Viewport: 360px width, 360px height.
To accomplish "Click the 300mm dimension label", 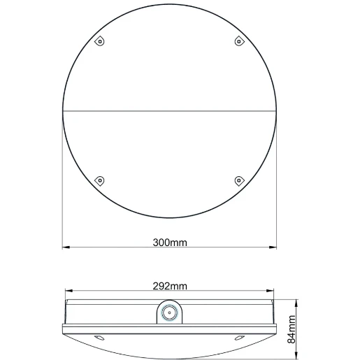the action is pyautogui.click(x=170, y=243).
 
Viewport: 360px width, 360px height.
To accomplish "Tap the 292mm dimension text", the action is pyautogui.click(x=170, y=286).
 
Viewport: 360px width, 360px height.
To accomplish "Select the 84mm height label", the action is pyautogui.click(x=291, y=329).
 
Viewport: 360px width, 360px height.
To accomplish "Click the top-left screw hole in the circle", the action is pyautogui.click(x=100, y=41).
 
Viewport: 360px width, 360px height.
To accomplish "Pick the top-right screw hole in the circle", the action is pyautogui.click(x=239, y=41).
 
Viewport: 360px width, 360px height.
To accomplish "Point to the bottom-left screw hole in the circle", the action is pyautogui.click(x=100, y=180).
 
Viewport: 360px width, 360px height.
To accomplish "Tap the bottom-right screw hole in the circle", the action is pyautogui.click(x=239, y=180).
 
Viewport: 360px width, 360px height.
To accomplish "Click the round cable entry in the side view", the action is pyautogui.click(x=169, y=312).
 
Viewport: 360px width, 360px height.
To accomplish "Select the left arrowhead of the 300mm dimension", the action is pyautogui.click(x=66, y=247).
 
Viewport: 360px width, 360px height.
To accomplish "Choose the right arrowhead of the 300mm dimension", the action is pyautogui.click(x=273, y=247).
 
